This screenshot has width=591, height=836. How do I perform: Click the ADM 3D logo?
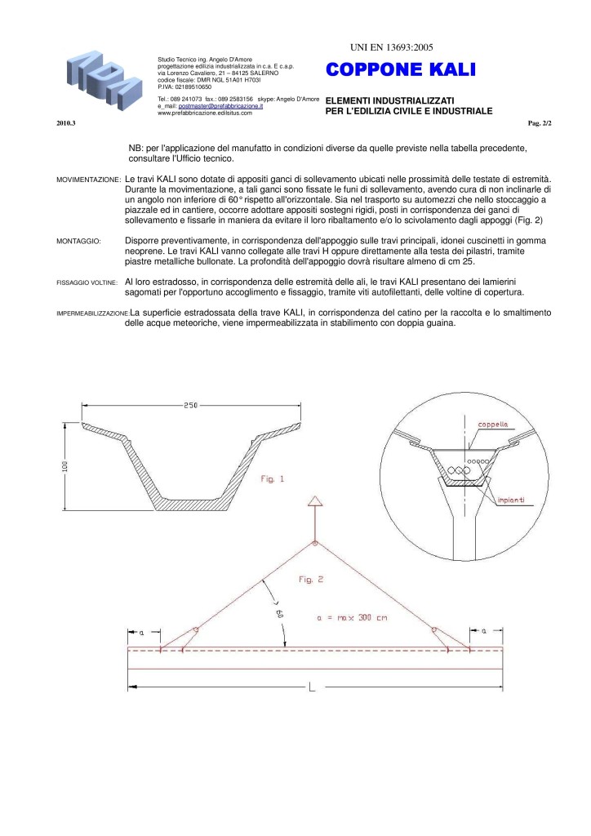click(101, 78)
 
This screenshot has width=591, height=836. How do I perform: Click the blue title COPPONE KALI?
click(399, 70)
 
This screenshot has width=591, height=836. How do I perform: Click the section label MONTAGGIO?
click(78, 242)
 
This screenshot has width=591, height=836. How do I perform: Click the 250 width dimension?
click(192, 405)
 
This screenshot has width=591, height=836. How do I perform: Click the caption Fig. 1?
click(271, 479)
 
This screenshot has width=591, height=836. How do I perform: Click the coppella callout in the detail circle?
click(493, 424)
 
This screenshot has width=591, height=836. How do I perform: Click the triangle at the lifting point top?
click(315, 501)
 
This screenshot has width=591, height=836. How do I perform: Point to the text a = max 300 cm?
click(351, 618)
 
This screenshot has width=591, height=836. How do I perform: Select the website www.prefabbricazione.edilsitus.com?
click(204, 113)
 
